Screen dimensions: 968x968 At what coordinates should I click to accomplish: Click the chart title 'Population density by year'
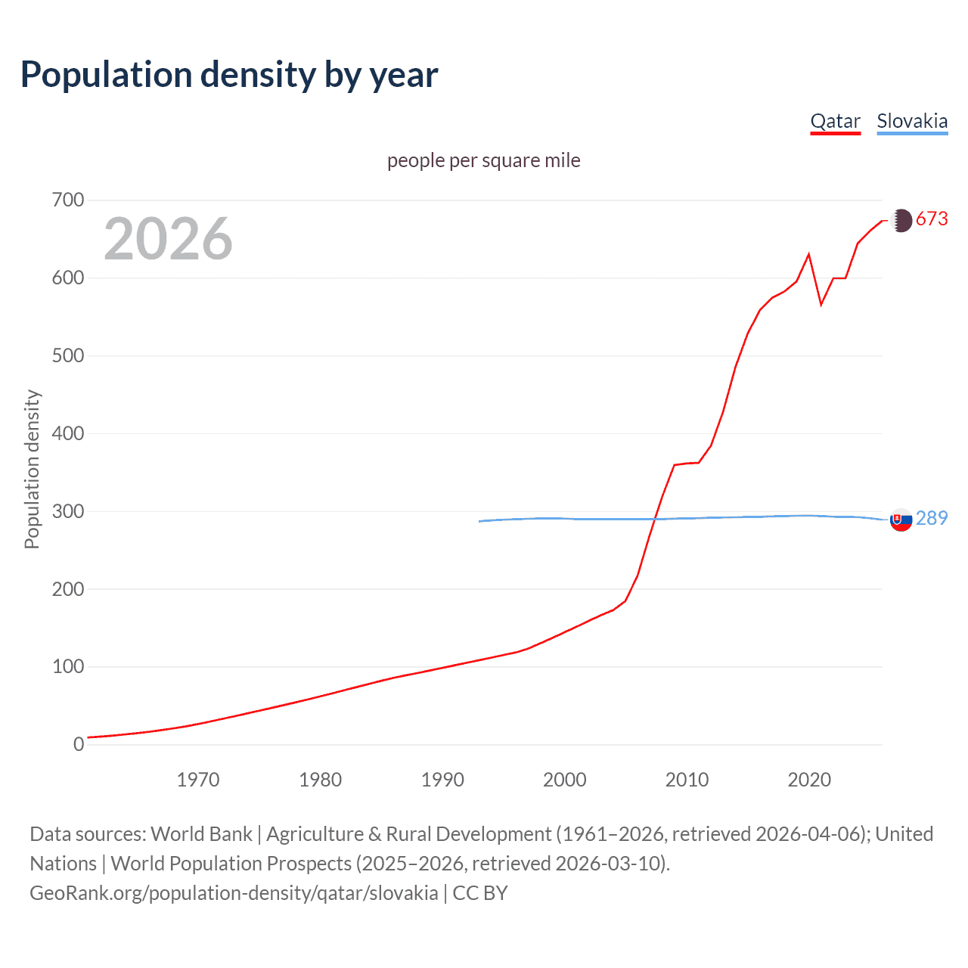[229, 75]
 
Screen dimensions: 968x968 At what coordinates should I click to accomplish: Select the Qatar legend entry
[835, 121]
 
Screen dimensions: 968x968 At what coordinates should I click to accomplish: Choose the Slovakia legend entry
[912, 121]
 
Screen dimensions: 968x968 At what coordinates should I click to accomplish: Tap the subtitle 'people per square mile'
[483, 160]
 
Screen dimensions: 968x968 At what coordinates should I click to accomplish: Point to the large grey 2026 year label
[168, 239]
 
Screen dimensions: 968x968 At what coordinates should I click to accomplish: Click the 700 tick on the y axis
[68, 200]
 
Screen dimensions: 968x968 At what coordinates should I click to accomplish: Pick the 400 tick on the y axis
[68, 434]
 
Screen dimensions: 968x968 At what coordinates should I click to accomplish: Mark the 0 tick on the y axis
[79, 745]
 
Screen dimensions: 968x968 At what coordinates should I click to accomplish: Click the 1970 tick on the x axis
[198, 780]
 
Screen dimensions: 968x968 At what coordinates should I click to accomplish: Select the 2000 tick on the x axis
[565, 780]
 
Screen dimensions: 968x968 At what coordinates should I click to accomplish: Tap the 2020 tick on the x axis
[809, 780]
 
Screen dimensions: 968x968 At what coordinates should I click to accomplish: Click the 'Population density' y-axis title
[32, 469]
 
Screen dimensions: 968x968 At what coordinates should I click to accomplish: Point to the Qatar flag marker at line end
[901, 220]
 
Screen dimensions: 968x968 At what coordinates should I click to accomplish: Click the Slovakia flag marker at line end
[901, 520]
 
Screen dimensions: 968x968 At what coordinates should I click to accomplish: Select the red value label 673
[932, 219]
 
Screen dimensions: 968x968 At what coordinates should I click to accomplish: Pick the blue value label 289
[932, 518]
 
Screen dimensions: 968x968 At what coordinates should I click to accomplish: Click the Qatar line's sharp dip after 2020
[821, 305]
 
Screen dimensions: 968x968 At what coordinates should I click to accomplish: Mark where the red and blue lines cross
[655, 519]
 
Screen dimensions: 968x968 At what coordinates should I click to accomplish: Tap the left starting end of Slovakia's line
[479, 521]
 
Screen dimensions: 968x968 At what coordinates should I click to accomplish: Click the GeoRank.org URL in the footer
[234, 893]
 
